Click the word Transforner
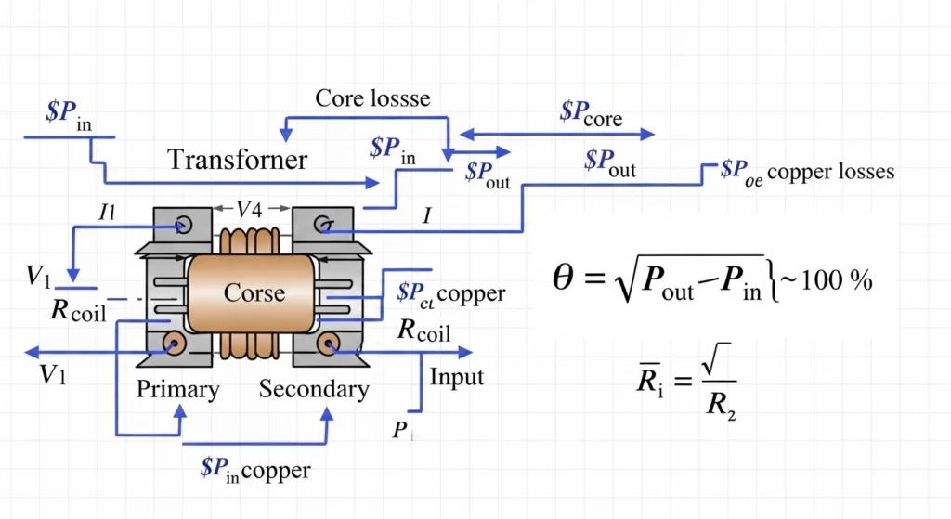(237, 159)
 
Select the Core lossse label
(372, 98)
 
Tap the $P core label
(591, 113)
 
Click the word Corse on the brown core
(254, 292)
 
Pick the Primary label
(177, 389)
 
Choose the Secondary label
(314, 389)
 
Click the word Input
(456, 377)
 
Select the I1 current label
(108, 212)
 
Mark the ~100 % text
(830, 280)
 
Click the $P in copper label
(254, 469)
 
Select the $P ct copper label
(449, 294)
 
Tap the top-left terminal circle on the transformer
(180, 224)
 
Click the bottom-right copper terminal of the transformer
(326, 346)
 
